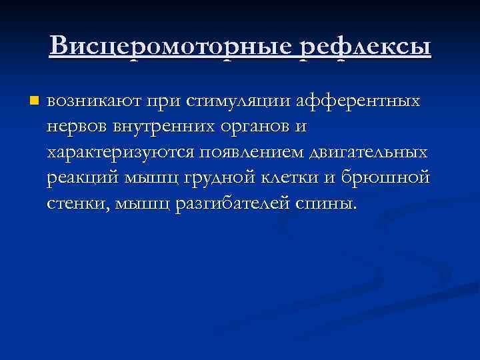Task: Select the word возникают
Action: coord(91,102)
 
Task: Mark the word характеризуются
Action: coord(119,153)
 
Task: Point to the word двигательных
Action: coord(369,153)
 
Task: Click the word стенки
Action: coord(75,203)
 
